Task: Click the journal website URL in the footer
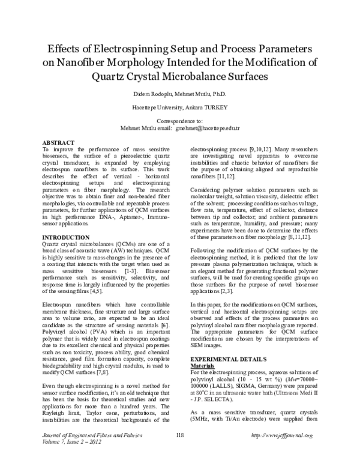point(283,452)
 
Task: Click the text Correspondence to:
point(180,121)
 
